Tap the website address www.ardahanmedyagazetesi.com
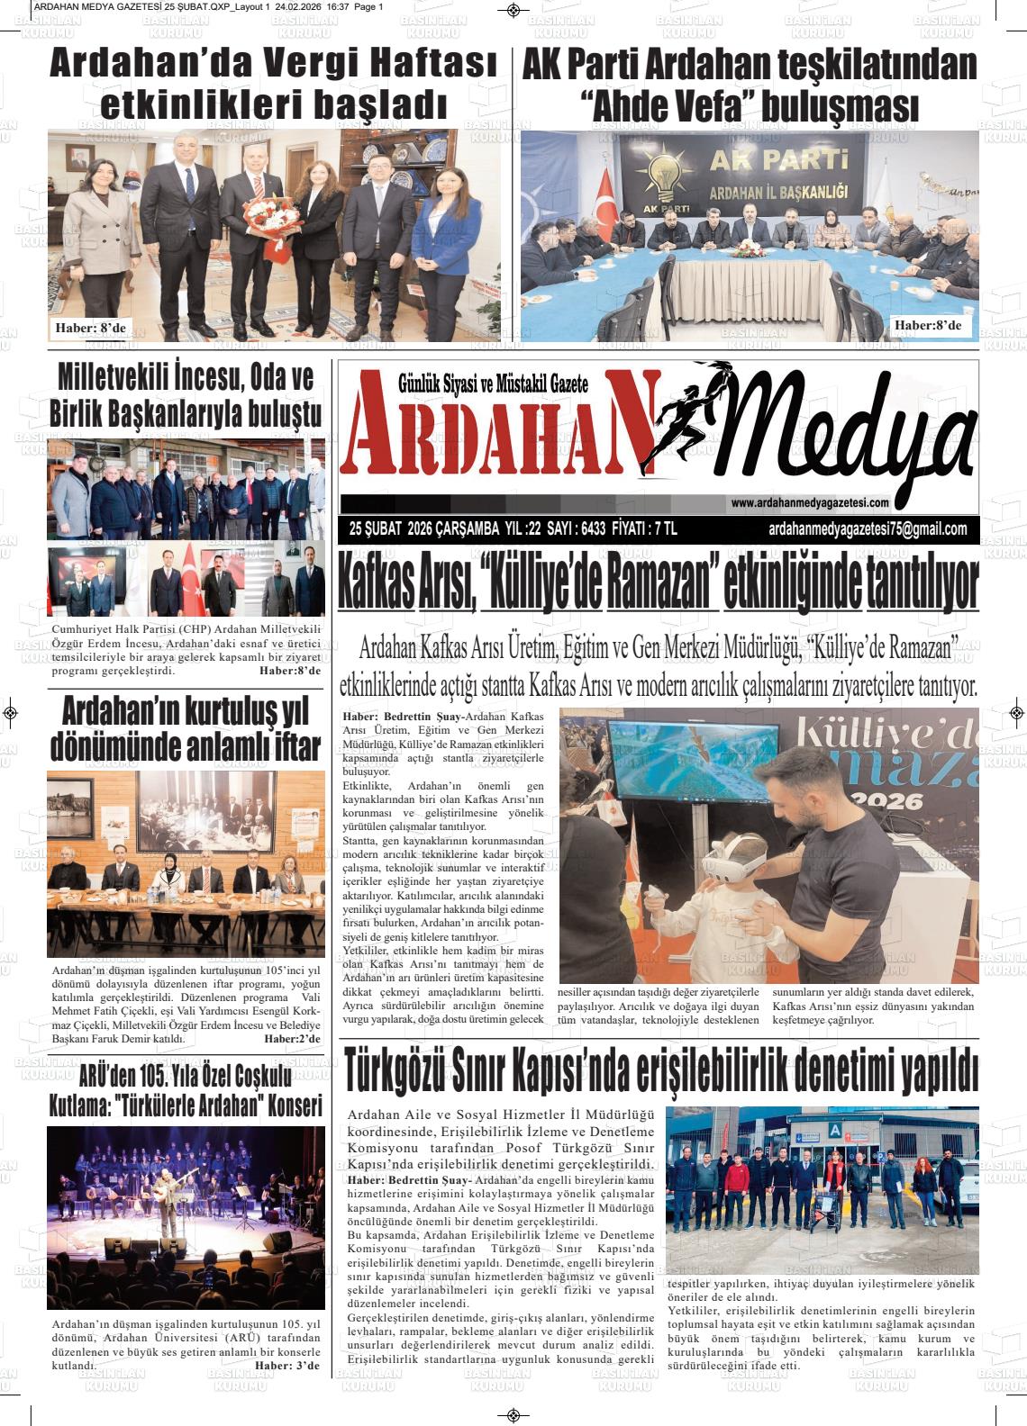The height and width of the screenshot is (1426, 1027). pos(810,503)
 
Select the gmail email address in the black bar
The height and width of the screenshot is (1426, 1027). pos(868,529)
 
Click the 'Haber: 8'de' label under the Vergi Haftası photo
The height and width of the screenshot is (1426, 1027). pos(91,327)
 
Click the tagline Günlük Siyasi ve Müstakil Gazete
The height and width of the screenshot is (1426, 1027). pos(493,384)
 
